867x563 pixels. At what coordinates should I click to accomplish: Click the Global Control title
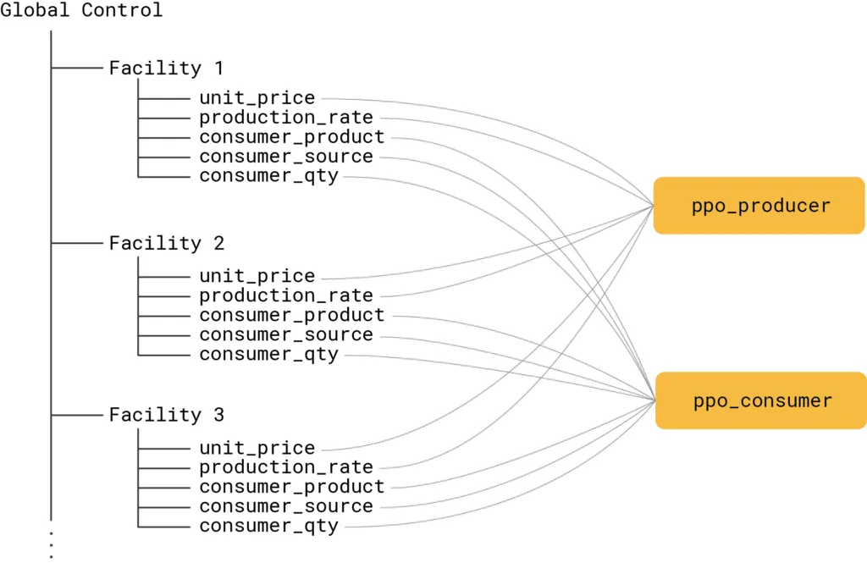pos(81,11)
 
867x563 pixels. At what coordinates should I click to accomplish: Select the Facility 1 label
pos(166,69)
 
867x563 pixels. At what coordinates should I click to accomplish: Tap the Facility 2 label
pos(166,244)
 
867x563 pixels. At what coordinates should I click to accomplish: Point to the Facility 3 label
pos(166,416)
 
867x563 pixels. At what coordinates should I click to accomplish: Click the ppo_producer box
pos(759,206)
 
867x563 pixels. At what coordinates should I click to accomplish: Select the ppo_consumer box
pos(761,400)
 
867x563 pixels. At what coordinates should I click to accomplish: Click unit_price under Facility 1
pos(257,98)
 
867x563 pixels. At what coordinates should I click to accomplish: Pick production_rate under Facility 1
pos(285,118)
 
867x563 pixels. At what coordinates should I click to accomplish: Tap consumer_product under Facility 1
pos(291,137)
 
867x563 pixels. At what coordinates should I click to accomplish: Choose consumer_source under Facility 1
pos(285,157)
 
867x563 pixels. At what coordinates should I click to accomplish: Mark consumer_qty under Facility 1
pos(268,176)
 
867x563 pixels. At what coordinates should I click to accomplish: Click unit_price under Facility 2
pos(257,276)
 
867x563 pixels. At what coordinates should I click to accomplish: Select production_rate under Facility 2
pos(285,295)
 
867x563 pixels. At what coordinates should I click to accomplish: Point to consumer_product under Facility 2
pos(291,315)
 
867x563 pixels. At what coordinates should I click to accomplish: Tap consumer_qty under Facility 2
pos(268,354)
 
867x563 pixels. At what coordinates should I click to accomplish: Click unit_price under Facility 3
pos(257,448)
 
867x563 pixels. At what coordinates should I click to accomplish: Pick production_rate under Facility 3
pos(285,467)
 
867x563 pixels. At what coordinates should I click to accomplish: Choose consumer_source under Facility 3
pos(285,506)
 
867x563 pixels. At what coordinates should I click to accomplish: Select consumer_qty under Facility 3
pos(268,526)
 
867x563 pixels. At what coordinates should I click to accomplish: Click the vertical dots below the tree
pos(52,544)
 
